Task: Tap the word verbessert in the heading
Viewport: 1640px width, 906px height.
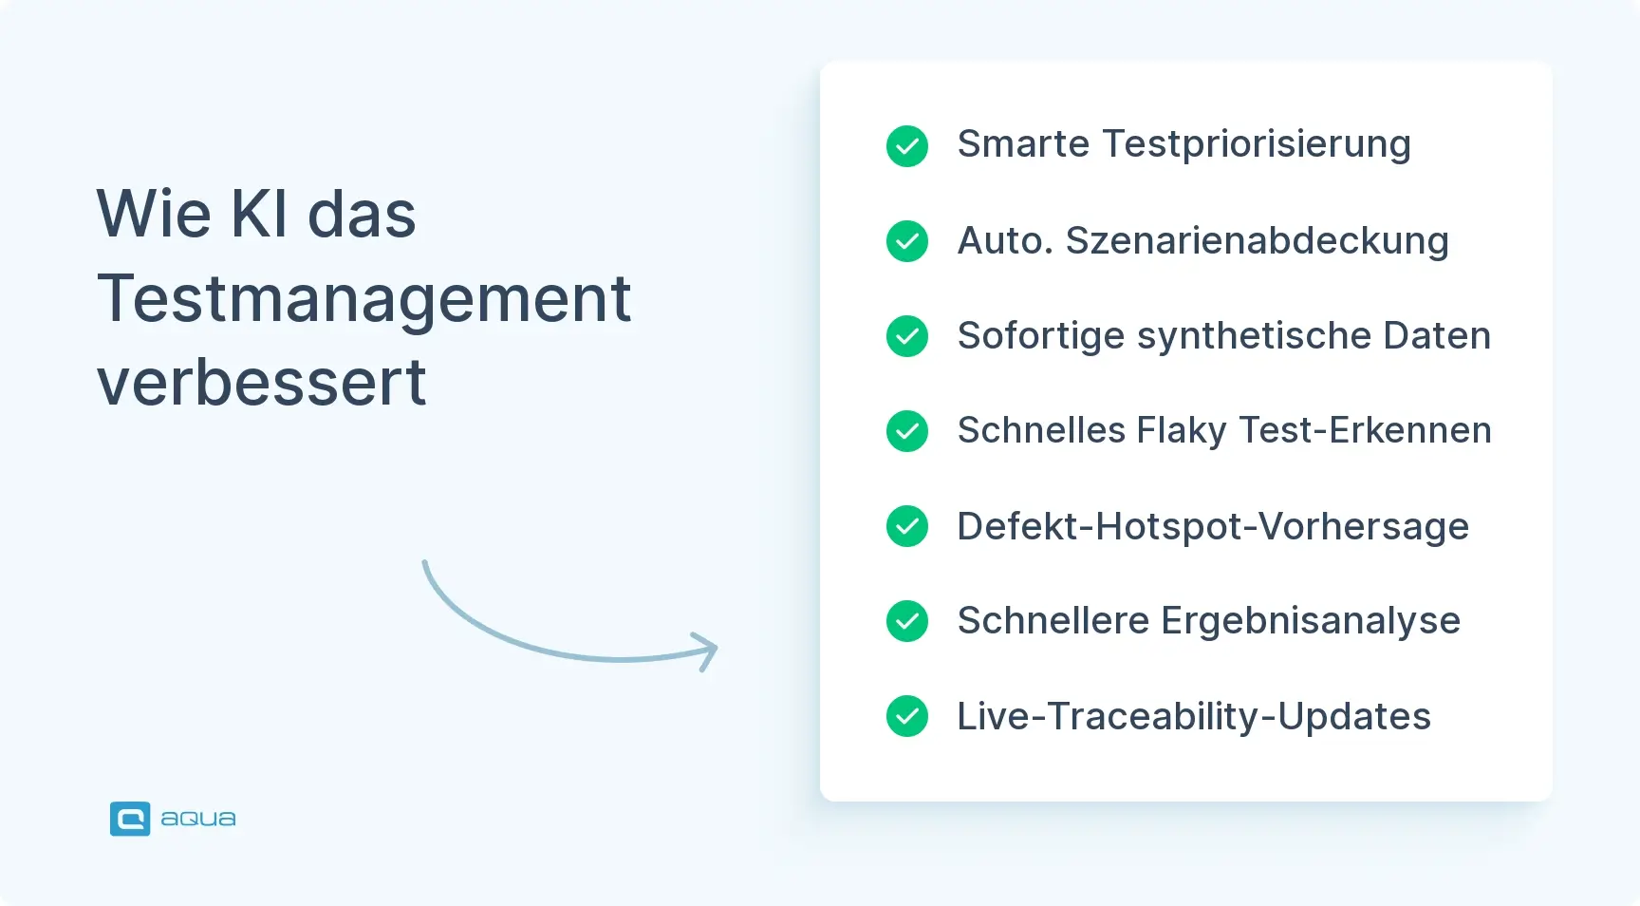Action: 262,383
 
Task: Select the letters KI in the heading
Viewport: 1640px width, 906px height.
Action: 259,213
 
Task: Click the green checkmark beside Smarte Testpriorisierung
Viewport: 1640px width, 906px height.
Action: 907,146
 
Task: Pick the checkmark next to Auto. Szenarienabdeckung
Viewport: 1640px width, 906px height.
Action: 907,241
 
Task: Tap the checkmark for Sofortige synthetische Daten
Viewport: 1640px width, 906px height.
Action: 907,336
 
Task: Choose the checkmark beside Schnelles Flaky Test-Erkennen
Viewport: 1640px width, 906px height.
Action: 907,431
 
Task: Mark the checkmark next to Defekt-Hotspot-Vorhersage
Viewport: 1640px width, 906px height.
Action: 907,526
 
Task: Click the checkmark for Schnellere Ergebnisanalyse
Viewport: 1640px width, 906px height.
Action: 907,621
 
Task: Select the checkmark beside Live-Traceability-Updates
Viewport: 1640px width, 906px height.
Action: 907,716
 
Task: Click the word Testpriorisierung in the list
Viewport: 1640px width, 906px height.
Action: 1257,146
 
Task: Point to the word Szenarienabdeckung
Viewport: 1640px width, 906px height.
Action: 1258,241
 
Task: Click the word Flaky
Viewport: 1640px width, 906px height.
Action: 1182,432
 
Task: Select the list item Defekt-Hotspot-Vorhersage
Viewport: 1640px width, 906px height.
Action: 1213,527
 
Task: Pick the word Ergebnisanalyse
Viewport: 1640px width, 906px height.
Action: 1311,622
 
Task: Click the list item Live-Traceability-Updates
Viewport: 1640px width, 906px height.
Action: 1194,717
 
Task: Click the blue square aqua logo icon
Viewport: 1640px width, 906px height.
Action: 130,819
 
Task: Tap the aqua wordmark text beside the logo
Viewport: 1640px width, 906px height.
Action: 198,819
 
